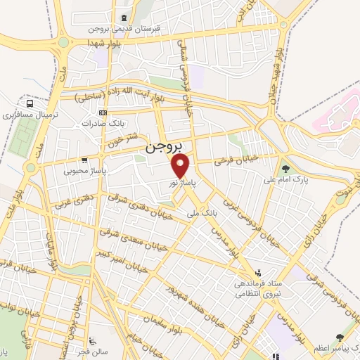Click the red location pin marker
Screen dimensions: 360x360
tap(181, 166)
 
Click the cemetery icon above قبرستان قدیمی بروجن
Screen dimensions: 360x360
tap(124, 18)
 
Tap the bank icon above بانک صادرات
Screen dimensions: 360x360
tap(103, 112)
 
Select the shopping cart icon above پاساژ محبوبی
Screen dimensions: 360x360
tap(84, 160)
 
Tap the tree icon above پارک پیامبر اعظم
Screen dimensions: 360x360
tap(340, 339)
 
